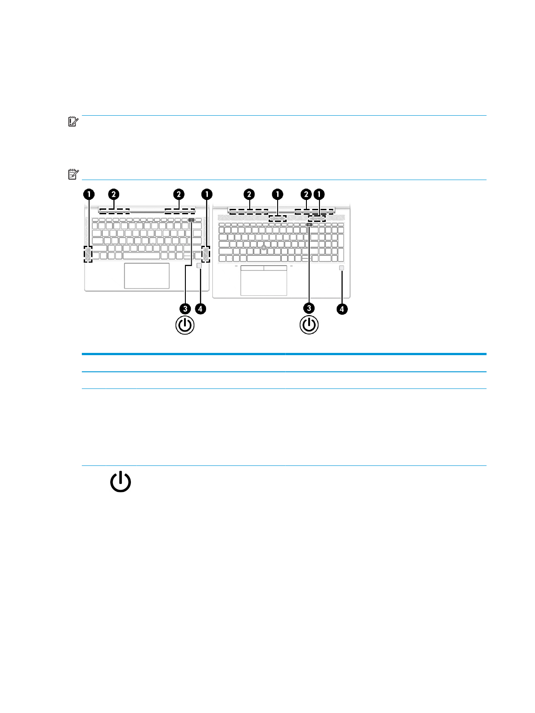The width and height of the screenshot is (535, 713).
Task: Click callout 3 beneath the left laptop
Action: pyautogui.click(x=185, y=309)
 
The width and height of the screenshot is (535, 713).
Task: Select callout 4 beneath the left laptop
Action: pyautogui.click(x=200, y=309)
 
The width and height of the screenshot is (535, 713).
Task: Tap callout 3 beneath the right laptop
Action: pyautogui.click(x=309, y=308)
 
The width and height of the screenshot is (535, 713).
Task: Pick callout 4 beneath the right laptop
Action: pyautogui.click(x=342, y=309)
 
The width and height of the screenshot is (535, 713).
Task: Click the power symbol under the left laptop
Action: pyautogui.click(x=185, y=325)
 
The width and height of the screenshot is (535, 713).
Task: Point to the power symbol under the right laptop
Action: pyautogui.click(x=309, y=325)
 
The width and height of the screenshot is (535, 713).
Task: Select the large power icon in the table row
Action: pyautogui.click(x=121, y=482)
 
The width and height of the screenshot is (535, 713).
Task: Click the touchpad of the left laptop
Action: pyautogui.click(x=147, y=275)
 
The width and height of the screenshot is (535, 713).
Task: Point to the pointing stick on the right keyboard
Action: pyautogui.click(x=264, y=248)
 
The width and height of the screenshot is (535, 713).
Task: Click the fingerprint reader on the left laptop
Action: pyautogui.click(x=199, y=266)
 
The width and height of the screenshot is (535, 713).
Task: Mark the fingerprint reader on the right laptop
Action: pyautogui.click(x=342, y=268)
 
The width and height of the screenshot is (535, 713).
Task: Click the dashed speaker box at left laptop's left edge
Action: pyautogui.click(x=88, y=254)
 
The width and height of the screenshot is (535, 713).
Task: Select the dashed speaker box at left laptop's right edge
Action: pyautogui.click(x=206, y=254)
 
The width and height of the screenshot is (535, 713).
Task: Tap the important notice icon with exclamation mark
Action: pyautogui.click(x=73, y=122)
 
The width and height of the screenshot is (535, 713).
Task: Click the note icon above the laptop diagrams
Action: pyautogui.click(x=73, y=174)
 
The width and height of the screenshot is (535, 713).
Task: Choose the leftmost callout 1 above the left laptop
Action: pyautogui.click(x=89, y=194)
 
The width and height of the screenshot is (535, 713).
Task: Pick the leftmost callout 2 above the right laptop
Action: pyautogui.click(x=249, y=194)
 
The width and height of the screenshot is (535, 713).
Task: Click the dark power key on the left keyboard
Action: pyautogui.click(x=192, y=221)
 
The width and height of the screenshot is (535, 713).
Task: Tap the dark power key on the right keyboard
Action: pyautogui.click(x=310, y=224)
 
